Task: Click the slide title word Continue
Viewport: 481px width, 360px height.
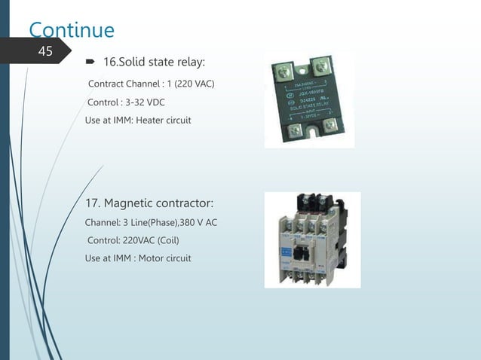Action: pos(72,30)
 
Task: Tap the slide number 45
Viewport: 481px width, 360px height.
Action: pos(46,51)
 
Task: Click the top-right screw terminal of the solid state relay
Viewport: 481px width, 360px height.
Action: pos(323,62)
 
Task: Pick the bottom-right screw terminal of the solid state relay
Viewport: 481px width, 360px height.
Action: pos(329,122)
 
